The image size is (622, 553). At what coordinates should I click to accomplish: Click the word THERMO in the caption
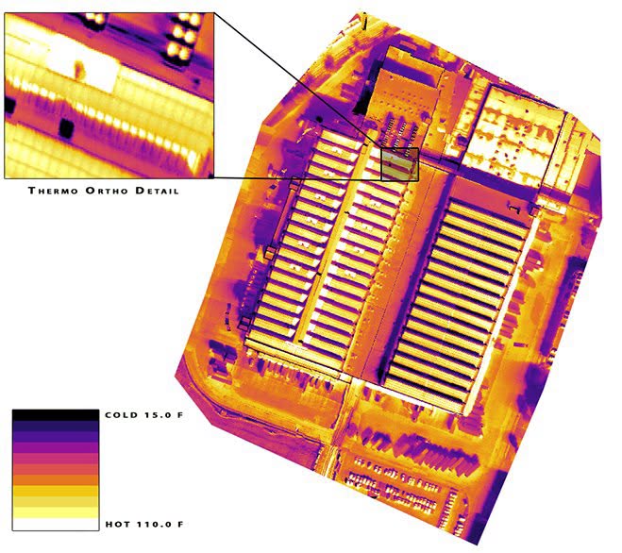tap(53, 191)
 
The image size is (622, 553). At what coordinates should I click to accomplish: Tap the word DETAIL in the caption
tap(157, 191)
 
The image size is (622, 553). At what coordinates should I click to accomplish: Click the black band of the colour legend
tap(56, 415)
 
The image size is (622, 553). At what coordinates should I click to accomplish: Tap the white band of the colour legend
tap(56, 524)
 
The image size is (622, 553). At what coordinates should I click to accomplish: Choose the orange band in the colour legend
tap(56, 480)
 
